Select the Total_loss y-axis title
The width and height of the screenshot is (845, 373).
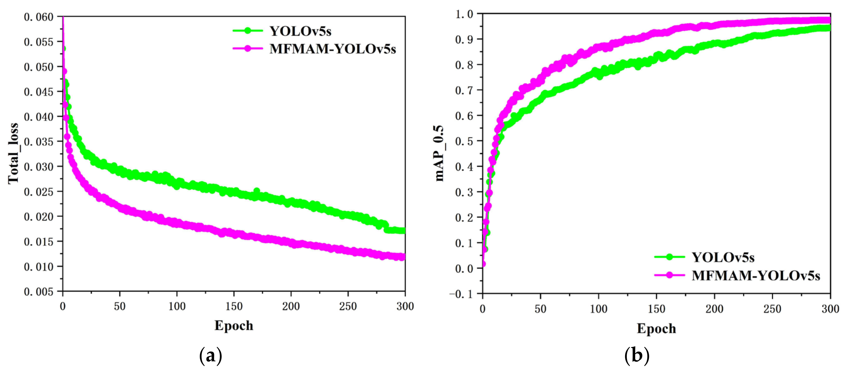click(13, 153)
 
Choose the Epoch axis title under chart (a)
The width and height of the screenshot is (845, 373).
click(234, 326)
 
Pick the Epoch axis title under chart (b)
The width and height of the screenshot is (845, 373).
click(656, 328)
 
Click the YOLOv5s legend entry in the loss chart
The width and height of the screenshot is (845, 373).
click(300, 31)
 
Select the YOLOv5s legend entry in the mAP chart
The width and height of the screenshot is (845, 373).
click(723, 257)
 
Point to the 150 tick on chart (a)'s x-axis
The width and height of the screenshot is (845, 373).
click(234, 306)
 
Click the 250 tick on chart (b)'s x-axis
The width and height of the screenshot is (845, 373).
click(772, 309)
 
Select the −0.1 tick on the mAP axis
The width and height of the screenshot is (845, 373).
click(461, 294)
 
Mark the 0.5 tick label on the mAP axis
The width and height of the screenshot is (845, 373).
click(464, 141)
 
